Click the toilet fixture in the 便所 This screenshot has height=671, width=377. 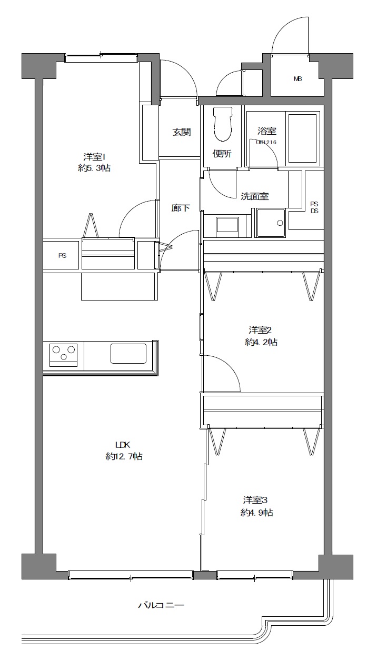coord(223,124)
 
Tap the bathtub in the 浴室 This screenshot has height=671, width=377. coord(302,138)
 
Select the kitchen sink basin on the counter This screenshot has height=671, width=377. coord(128,354)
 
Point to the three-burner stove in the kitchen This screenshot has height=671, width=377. coord(63,355)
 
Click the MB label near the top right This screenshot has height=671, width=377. coord(297,79)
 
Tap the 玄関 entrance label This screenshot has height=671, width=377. coord(182,132)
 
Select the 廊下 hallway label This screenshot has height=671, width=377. coord(181,208)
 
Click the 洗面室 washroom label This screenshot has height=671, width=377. coord(255,196)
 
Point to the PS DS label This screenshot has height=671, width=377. coord(314,207)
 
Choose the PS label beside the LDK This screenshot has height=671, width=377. coord(62,256)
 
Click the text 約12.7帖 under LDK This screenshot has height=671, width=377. coord(124,456)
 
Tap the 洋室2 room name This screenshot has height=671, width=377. coord(260,330)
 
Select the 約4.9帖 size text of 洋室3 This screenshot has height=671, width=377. coord(257,513)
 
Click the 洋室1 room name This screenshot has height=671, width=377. coord(94,157)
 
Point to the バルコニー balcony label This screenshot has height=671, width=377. coord(161,605)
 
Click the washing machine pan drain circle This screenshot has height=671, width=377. coord(280,223)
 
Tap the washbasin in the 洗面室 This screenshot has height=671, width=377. coord(227,225)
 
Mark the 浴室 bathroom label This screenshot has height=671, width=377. coord(267,131)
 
